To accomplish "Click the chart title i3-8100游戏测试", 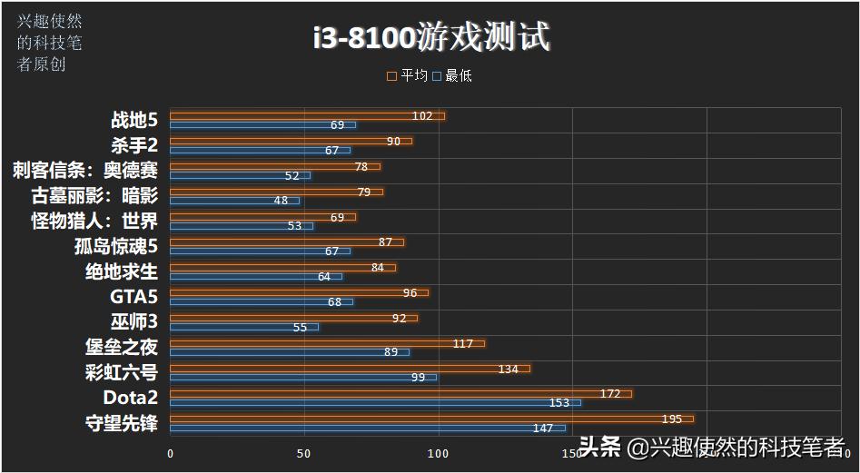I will (430, 37).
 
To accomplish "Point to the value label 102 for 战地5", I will (421, 116).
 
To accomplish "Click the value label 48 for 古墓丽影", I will (281, 201).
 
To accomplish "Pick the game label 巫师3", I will (133, 321).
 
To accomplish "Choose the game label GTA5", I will (133, 296).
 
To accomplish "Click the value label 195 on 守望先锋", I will (671, 419).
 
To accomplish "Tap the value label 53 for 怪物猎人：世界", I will (294, 225).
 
